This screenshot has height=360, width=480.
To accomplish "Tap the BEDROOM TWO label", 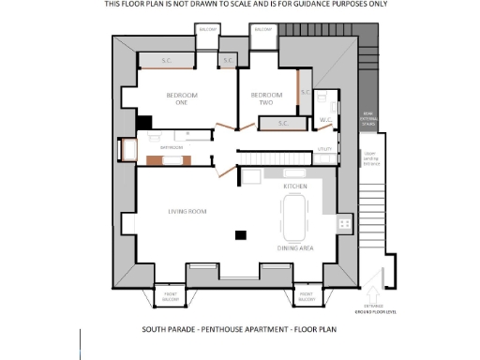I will coord(266,98).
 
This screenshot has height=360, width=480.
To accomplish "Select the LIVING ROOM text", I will coord(187,211).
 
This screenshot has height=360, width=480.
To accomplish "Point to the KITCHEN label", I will coord(295,187).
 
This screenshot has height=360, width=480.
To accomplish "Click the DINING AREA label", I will coord(294,247).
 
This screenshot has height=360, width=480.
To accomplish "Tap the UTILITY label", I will coord(325,149).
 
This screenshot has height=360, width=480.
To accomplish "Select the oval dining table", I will coord(295,217).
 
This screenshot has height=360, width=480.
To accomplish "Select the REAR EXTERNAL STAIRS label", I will coord(372,119).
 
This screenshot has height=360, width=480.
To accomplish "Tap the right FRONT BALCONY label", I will coord(307,298).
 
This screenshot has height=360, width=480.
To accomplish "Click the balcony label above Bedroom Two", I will coord(262,30).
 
